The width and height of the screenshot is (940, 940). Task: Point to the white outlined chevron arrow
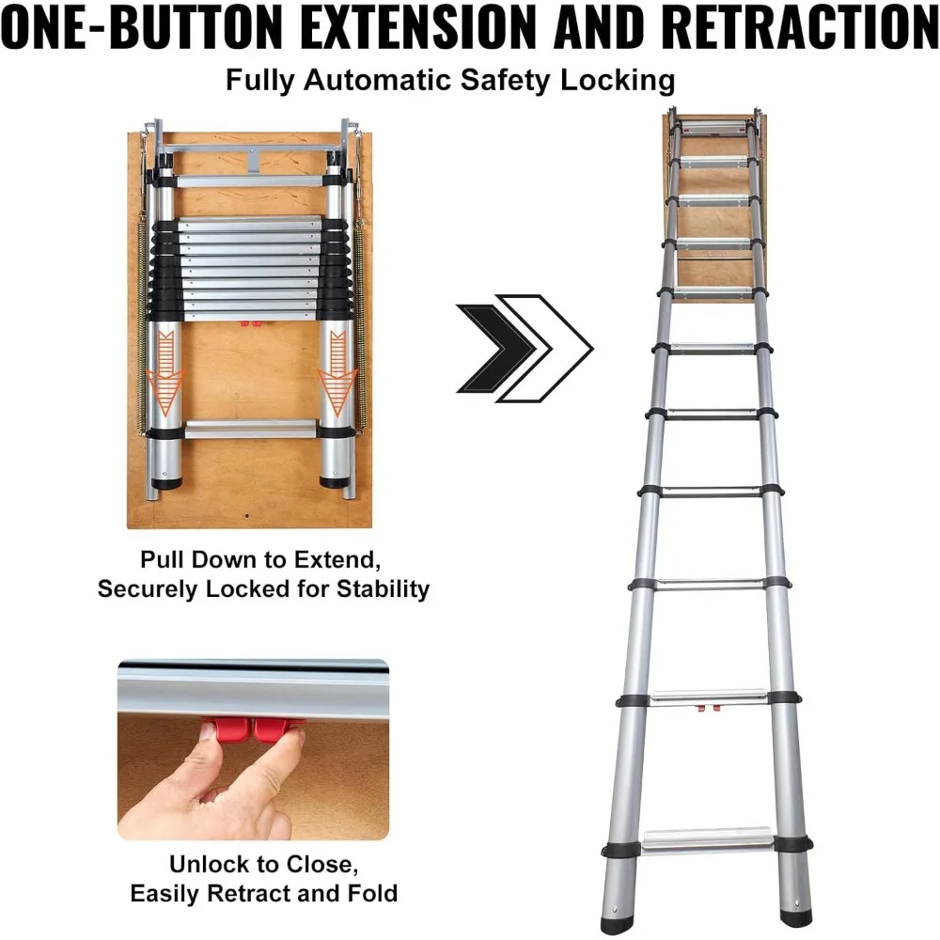[x=550, y=349]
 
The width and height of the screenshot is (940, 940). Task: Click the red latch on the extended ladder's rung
[x=704, y=708]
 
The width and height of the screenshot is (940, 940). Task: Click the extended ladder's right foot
[x=794, y=904]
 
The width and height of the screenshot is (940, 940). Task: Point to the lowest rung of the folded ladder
[x=252, y=430]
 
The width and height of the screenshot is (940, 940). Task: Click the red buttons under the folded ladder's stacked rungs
[x=251, y=324]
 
